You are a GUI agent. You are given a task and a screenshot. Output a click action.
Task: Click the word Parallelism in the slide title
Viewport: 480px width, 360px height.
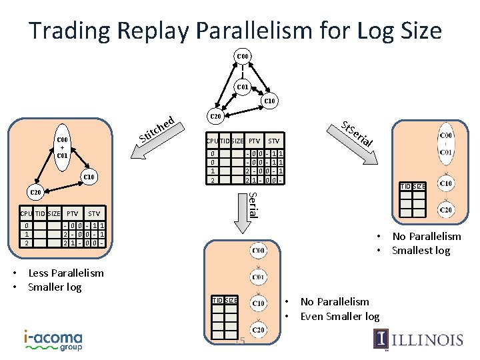[x=297, y=30]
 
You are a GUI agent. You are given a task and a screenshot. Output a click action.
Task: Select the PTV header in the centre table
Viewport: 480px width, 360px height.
[x=255, y=141]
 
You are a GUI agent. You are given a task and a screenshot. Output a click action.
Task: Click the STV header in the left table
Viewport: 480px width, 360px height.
[x=94, y=213]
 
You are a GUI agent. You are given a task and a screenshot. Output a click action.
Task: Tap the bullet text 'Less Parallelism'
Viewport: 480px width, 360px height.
[x=66, y=273]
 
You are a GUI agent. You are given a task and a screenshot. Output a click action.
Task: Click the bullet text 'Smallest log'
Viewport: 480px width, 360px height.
[x=421, y=251]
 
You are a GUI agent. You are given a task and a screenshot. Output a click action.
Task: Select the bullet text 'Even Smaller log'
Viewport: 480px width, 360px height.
[x=340, y=316]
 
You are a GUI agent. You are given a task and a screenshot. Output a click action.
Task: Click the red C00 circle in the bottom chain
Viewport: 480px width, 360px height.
[x=258, y=251]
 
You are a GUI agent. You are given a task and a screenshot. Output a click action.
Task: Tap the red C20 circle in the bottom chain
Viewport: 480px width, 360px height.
[x=258, y=330]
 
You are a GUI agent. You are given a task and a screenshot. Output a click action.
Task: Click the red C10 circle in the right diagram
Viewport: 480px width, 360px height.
[x=446, y=183]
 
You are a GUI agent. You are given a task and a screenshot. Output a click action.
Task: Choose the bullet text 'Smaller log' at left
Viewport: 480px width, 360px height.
[x=55, y=287]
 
